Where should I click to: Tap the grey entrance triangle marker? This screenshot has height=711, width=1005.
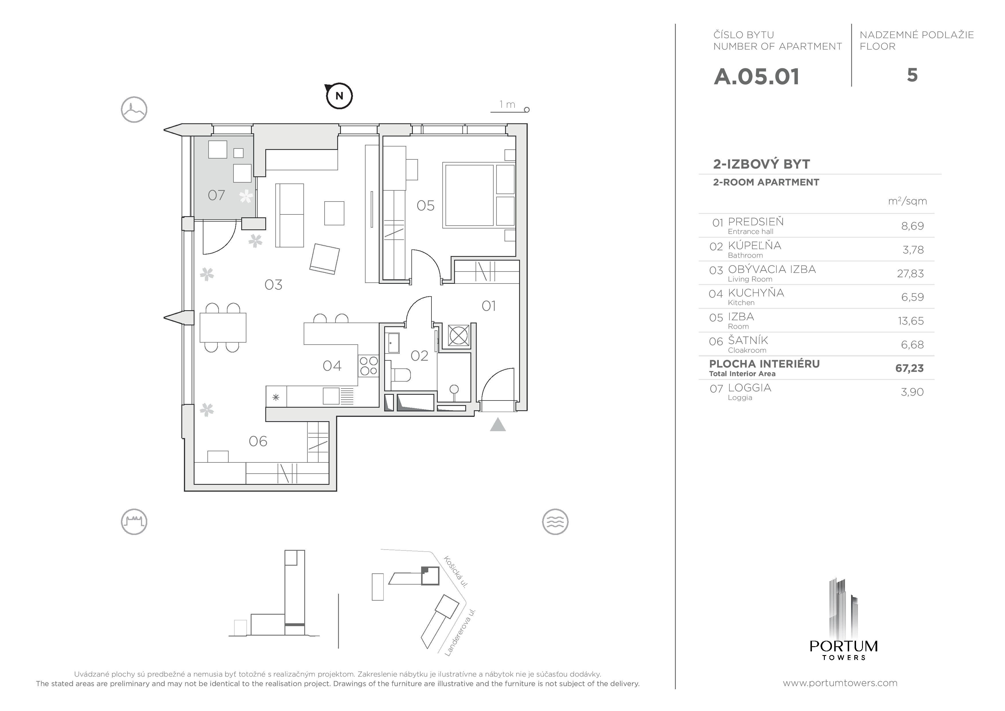coord(498,425)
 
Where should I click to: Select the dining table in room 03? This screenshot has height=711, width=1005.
coord(223,327)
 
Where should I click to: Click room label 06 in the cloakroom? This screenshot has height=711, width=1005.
coord(258,441)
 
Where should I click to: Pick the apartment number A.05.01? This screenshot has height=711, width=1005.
coord(756,77)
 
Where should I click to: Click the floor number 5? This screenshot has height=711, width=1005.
coord(912,75)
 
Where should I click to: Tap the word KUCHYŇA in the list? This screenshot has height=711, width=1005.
coord(756,293)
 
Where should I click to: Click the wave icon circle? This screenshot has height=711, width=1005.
coord(555,522)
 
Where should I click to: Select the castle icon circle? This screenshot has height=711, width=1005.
coord(134,522)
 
